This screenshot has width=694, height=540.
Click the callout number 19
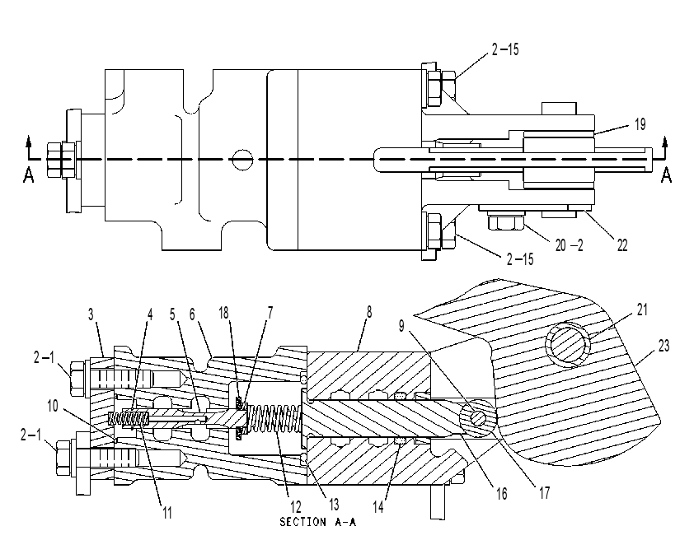[x=640, y=124]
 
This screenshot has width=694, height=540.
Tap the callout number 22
[x=622, y=245]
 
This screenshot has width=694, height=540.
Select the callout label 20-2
[x=570, y=244]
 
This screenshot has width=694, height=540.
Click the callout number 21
[x=642, y=310]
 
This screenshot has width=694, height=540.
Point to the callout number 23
[x=664, y=346]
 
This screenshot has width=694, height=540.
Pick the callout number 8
[x=368, y=313]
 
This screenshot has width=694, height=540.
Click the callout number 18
[x=223, y=313]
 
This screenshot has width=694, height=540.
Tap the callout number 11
[x=166, y=513]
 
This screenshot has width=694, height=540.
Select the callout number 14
[x=378, y=507]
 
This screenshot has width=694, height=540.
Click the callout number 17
[x=544, y=493]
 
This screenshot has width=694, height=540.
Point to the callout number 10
[x=53, y=406]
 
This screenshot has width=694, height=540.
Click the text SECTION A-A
[x=318, y=523]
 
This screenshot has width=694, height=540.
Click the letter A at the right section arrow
[x=666, y=175]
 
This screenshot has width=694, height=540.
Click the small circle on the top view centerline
[x=242, y=159]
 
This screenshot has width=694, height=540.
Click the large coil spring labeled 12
[x=274, y=419]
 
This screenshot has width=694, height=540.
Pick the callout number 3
[x=91, y=314]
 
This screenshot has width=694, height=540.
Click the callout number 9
[x=401, y=326]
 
